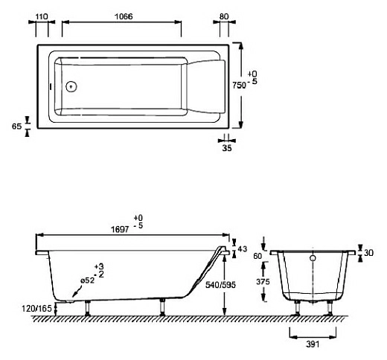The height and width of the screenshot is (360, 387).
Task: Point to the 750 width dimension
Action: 240,86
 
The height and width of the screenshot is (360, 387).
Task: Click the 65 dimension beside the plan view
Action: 16,126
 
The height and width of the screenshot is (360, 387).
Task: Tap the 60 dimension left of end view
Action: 258,256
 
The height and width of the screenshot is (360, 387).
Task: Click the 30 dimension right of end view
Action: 368,253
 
